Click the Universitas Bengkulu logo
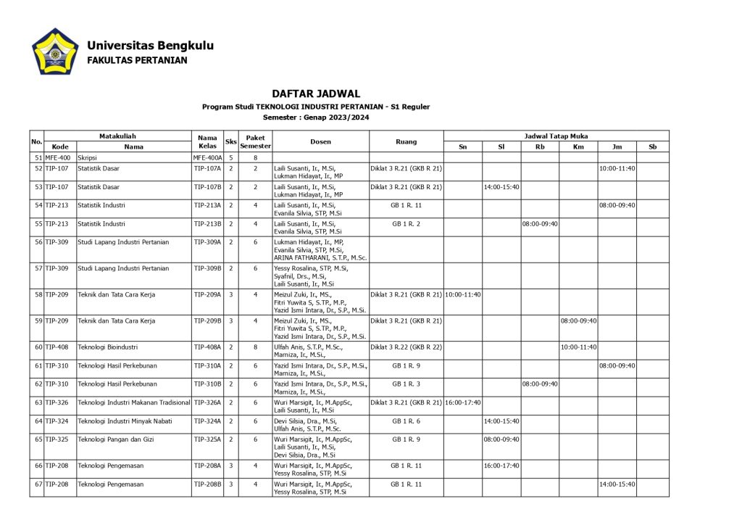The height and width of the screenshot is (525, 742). point(55,52)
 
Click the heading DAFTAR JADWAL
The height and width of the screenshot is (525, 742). point(316,94)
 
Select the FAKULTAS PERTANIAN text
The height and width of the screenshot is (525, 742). point(137,60)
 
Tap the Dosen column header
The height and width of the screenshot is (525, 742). point(320,141)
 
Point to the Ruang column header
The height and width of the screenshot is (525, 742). point(406,141)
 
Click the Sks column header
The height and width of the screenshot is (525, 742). point(231,141)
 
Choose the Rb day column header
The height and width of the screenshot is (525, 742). point(540,146)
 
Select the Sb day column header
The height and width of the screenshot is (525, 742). point(652,146)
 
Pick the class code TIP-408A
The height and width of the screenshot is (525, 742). point(207,347)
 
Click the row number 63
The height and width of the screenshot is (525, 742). point(38,402)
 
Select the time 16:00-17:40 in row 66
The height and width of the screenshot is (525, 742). point(501,466)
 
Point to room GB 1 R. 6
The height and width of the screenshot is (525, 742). point(406,421)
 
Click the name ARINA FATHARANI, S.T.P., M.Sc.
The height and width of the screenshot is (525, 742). point(320,257)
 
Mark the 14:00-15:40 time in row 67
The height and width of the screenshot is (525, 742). point(617,484)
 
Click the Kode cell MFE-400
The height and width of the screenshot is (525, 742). point(58,157)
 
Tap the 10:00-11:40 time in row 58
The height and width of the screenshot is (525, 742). point(462,294)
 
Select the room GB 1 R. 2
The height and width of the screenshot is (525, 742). point(406,223)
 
